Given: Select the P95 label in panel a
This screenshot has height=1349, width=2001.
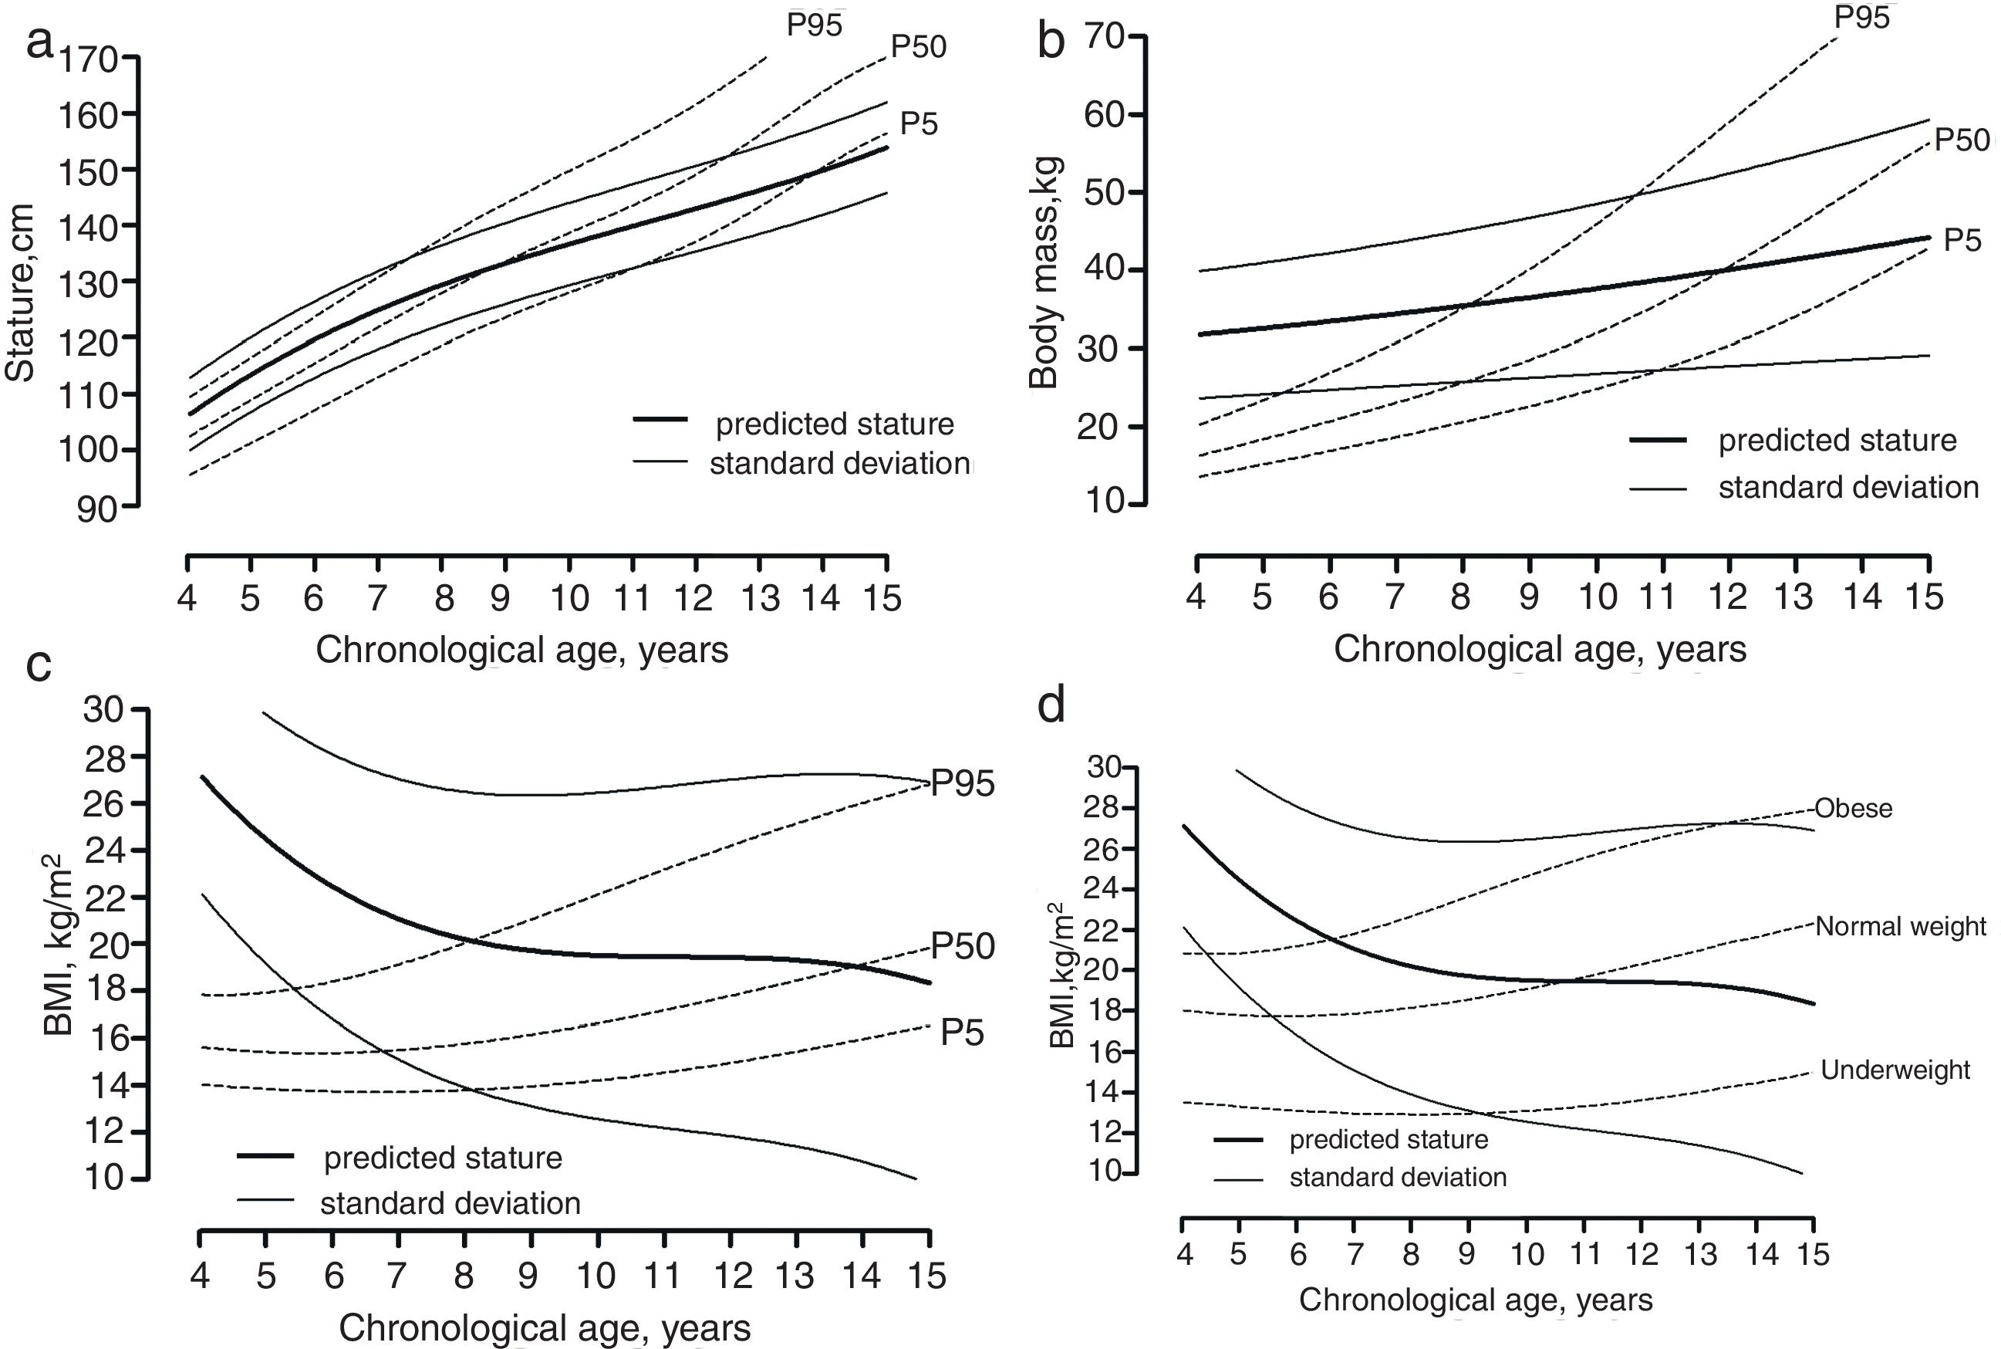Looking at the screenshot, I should click(814, 25).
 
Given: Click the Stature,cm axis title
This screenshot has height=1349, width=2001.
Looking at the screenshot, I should click(20, 292).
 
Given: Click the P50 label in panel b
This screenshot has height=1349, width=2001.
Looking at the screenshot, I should click(1962, 140).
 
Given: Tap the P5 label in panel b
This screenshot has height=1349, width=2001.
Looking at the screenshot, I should click(1962, 241).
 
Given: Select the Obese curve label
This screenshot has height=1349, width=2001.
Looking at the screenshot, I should click(1853, 809).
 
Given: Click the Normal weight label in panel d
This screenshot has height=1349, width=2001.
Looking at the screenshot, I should click(1901, 927).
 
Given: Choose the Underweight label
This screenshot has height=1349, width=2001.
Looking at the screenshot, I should click(1895, 1070).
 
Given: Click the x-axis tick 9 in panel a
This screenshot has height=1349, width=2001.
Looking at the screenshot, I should click(501, 597).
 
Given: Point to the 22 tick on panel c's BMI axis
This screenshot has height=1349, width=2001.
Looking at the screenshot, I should click(104, 898).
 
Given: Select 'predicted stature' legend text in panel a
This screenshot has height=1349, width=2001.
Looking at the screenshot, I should click(834, 424).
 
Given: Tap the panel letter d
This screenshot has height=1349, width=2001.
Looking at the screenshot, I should click(1051, 705).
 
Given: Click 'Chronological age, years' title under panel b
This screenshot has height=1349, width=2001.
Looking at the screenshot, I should click(1539, 650).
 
